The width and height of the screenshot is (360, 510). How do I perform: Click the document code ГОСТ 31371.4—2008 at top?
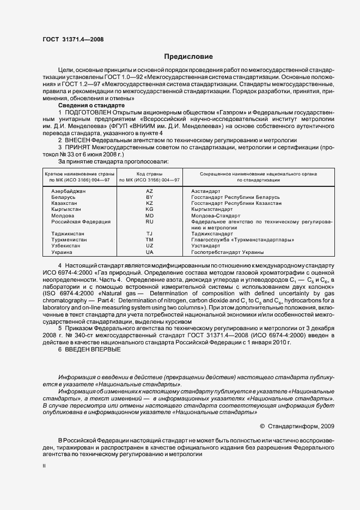[x=73, y=39]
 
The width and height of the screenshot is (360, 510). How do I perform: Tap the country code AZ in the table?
[x=150, y=191]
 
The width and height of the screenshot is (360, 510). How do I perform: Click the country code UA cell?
[x=150, y=252]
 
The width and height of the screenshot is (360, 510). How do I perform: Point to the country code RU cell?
[x=150, y=222]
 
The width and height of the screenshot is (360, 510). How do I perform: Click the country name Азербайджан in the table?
[x=68, y=191]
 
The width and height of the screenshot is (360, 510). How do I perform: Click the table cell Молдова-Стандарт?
[x=215, y=215]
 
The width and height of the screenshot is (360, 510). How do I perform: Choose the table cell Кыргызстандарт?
[x=212, y=209]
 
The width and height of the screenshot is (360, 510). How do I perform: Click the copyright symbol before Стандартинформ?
[x=261, y=427]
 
